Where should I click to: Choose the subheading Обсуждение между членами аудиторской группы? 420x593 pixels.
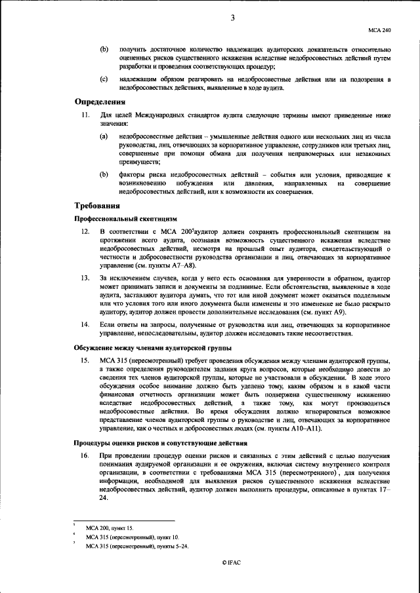[152, 347]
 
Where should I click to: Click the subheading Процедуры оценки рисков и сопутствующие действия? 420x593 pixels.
[161, 443]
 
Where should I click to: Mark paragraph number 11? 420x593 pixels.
[85, 115]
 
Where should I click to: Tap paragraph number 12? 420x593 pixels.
[85, 232]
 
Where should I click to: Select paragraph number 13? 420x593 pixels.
[85, 279]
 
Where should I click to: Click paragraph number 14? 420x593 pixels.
[85, 324]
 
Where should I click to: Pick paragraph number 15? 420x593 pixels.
[85, 361]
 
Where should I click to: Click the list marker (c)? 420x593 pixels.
[104, 79]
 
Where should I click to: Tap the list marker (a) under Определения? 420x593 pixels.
[104, 136]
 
